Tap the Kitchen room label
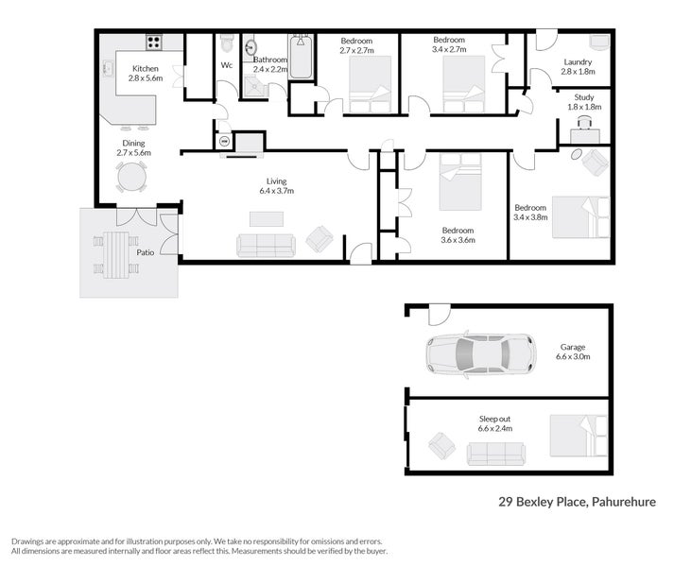coord(145,69)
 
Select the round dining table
coord(131,177)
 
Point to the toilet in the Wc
coord(226,44)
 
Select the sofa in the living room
coord(266,246)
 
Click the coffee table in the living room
coord(266,218)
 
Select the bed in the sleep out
coord(579,435)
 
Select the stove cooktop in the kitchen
coord(153,42)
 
